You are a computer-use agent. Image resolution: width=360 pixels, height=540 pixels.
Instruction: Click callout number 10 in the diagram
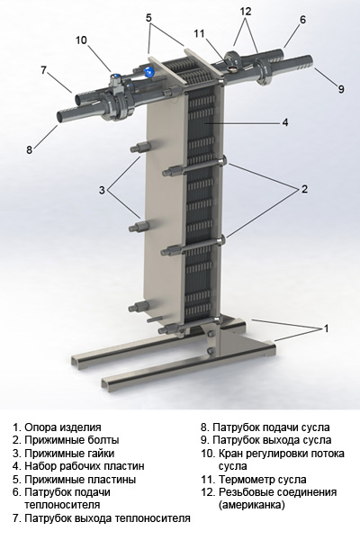pos(81,40)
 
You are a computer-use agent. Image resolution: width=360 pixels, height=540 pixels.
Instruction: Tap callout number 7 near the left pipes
pos(43,69)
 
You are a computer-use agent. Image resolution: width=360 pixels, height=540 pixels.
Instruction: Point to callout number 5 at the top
pos(149,17)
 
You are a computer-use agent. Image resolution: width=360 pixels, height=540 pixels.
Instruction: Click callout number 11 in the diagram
pos(199,33)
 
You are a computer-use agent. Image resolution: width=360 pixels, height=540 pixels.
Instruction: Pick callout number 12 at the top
pos(246,11)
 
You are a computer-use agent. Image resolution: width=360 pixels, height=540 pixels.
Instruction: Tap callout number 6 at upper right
pos(302,19)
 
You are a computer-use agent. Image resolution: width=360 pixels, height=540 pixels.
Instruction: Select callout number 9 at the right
pos(341,88)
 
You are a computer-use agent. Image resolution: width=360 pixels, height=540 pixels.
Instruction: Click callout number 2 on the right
pos(304,189)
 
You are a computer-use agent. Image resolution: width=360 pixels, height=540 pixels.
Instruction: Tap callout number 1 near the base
pos(327,329)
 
